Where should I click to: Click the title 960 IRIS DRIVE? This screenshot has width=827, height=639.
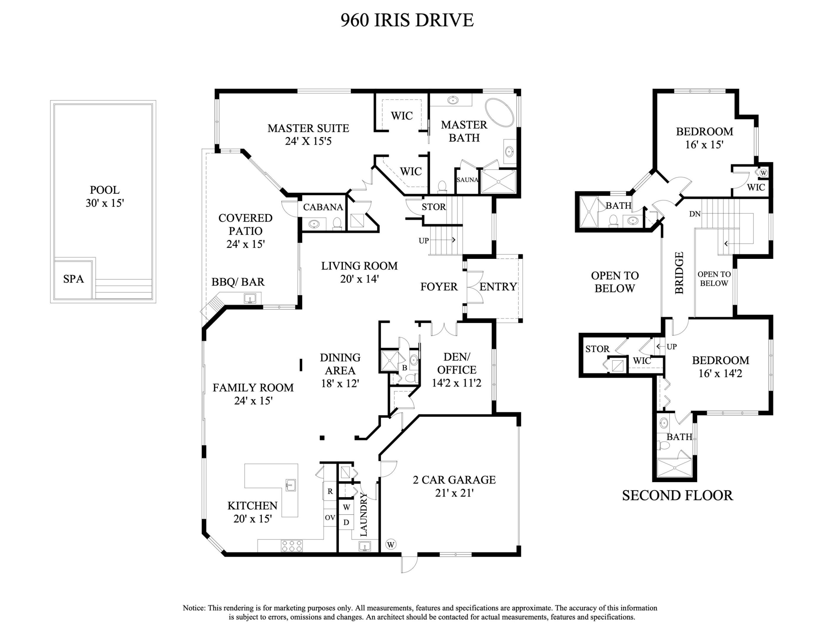click(x=407, y=20)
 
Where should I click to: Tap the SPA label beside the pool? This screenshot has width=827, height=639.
click(x=73, y=279)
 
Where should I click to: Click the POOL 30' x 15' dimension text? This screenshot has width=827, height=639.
click(x=105, y=203)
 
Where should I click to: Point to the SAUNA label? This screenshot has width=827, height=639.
click(x=467, y=180)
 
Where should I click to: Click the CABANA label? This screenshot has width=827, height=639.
click(x=323, y=207)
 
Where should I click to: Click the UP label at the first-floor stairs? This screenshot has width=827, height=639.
click(x=424, y=241)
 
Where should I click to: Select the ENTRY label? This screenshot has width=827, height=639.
click(x=498, y=287)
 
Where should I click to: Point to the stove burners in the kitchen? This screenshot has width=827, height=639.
click(x=291, y=546)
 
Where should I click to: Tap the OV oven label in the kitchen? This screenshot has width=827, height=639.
click(x=330, y=517)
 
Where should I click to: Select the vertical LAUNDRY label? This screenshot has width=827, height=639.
click(x=364, y=514)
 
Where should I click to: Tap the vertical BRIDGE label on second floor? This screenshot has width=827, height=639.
click(x=679, y=272)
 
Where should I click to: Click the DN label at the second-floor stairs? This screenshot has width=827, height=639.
click(x=694, y=214)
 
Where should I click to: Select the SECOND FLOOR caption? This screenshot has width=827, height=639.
click(x=677, y=496)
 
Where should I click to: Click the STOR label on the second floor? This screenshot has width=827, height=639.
click(x=597, y=349)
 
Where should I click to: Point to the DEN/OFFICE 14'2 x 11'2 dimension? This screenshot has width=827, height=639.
click(x=456, y=383)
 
